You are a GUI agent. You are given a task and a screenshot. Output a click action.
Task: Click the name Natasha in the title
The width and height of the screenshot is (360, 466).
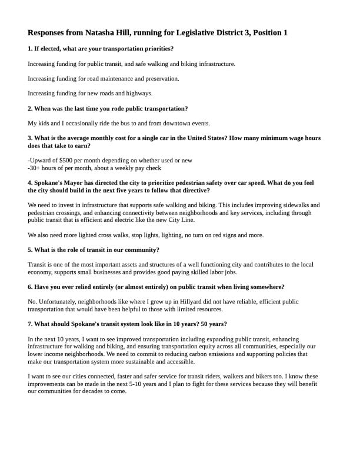[x=118, y=33]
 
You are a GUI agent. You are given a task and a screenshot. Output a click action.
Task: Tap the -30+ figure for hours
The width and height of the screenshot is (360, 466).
[x=34, y=168]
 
